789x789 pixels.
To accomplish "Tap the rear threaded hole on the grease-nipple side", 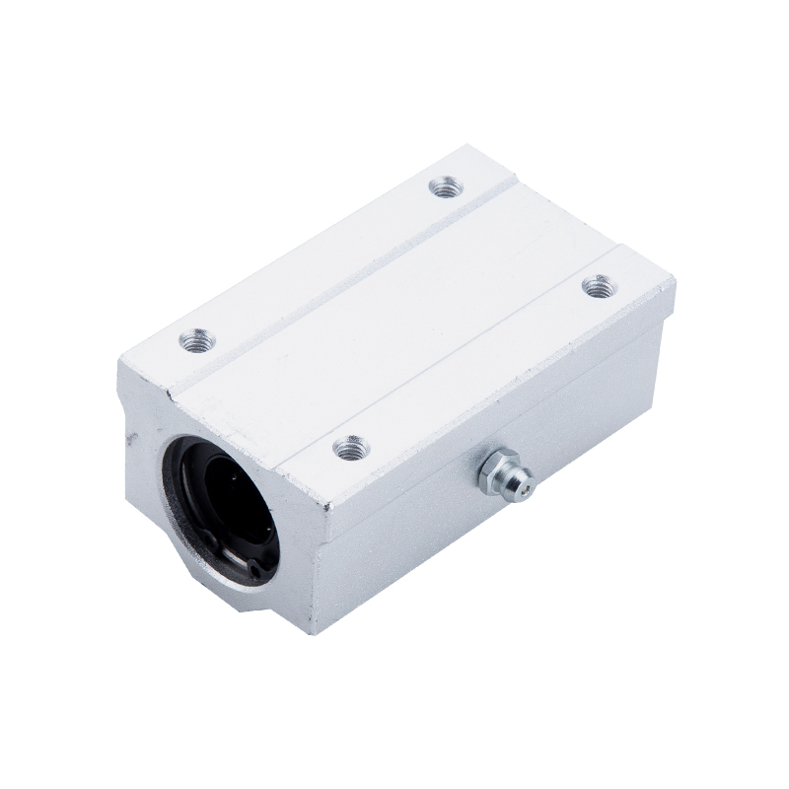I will point(594,286).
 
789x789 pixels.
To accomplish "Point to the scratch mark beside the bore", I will point(128,441).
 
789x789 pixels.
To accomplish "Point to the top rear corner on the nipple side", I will point(674,282).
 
